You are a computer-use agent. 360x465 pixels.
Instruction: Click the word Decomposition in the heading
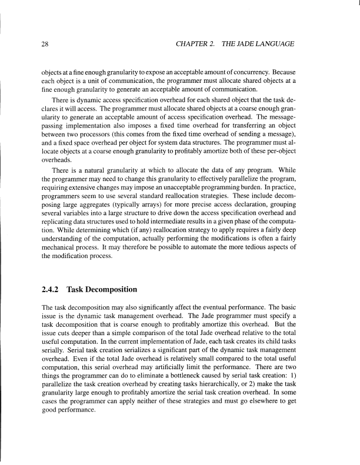click(x=112, y=289)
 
